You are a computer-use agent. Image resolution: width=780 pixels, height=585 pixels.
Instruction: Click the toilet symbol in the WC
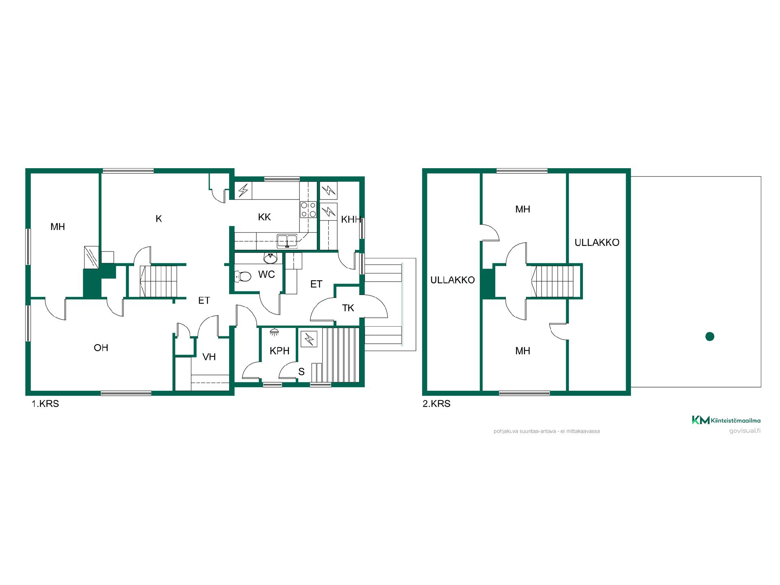(243, 277)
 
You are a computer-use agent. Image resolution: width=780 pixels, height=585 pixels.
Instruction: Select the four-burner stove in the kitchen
(308, 209)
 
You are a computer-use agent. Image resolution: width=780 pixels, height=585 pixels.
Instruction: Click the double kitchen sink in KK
(287, 241)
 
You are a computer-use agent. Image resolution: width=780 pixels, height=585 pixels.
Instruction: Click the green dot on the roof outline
(710, 336)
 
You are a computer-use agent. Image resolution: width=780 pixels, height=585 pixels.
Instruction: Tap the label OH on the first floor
(101, 348)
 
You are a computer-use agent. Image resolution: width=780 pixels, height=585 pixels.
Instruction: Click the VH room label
(209, 357)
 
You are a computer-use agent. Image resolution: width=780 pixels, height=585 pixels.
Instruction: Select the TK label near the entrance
(348, 308)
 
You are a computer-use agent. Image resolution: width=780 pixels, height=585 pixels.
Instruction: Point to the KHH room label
(351, 220)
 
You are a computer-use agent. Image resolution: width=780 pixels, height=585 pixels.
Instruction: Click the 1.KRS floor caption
(45, 404)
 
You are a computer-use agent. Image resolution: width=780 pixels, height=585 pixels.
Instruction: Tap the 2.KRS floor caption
(437, 404)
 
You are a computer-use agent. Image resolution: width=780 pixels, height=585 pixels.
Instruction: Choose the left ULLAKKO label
(453, 280)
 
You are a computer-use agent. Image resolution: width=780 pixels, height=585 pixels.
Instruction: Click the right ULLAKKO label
(597, 243)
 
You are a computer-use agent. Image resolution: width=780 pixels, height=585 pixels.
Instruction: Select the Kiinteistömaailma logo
(726, 420)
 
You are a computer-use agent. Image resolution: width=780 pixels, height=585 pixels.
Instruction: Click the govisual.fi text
(745, 431)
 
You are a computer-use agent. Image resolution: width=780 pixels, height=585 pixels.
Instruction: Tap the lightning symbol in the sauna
(309, 339)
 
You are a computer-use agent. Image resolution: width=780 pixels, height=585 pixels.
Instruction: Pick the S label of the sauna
(301, 372)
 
